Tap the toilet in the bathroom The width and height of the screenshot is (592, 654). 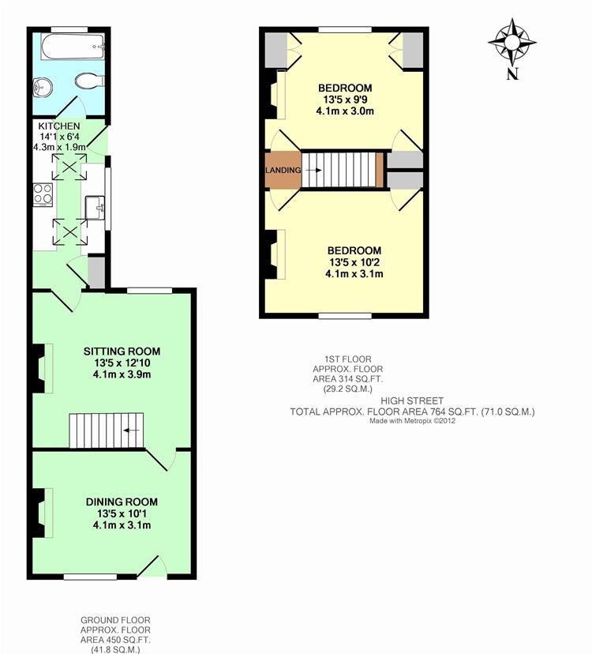tap(89, 80)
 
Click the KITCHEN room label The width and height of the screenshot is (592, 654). tap(58, 126)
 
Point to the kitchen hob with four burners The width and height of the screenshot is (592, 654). tap(41, 194)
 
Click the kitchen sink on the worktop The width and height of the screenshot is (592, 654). tap(98, 207)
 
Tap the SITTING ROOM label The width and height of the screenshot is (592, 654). tap(122, 351)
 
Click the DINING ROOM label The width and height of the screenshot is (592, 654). tap(122, 502)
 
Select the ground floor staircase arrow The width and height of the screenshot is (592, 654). tap(132, 430)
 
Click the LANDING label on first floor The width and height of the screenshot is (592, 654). tap(283, 170)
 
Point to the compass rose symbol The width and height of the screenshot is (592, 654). tap(512, 40)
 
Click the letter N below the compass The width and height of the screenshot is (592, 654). tap(512, 74)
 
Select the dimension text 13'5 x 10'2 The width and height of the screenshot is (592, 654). tap(354, 262)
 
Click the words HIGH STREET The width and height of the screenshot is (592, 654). tap(412, 400)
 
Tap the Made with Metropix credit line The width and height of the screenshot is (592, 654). tap(412, 421)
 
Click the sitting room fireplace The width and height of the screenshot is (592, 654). tap(38, 367)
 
